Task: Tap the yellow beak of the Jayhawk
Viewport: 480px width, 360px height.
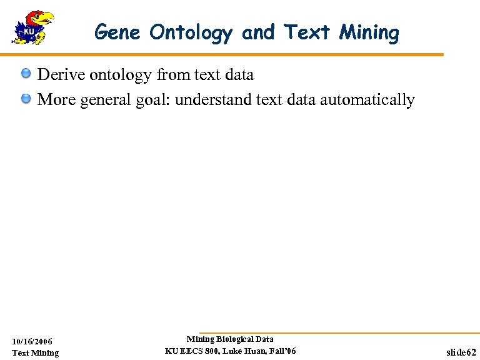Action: coord(46,19)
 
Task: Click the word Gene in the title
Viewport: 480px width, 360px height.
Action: coord(118,32)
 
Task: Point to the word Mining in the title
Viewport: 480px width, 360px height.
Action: coord(369,33)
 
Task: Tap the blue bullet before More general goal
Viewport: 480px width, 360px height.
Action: coord(26,99)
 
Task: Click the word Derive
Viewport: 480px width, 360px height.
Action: coord(61,75)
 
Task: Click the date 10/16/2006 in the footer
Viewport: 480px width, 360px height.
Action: coord(32,341)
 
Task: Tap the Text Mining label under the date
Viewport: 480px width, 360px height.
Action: coord(36,352)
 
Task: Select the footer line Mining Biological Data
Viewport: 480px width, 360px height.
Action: coord(230,339)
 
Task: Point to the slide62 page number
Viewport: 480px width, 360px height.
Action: coord(461,352)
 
